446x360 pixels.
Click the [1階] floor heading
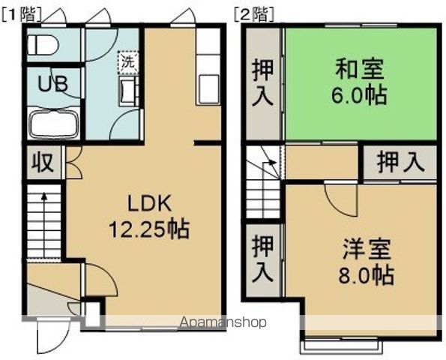pyautogui.click(x=22, y=13)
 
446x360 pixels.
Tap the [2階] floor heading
pyautogui.click(x=254, y=13)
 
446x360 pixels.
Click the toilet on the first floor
pyautogui.click(x=43, y=46)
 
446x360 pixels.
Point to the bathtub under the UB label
pyautogui.click(x=54, y=123)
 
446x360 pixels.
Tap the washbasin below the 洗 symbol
pyautogui.click(x=128, y=91)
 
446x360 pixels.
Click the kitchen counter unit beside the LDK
pyautogui.click(x=208, y=67)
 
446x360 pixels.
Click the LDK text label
pyautogui.click(x=150, y=202)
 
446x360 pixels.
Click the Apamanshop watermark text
pyautogui.click(x=224, y=323)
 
